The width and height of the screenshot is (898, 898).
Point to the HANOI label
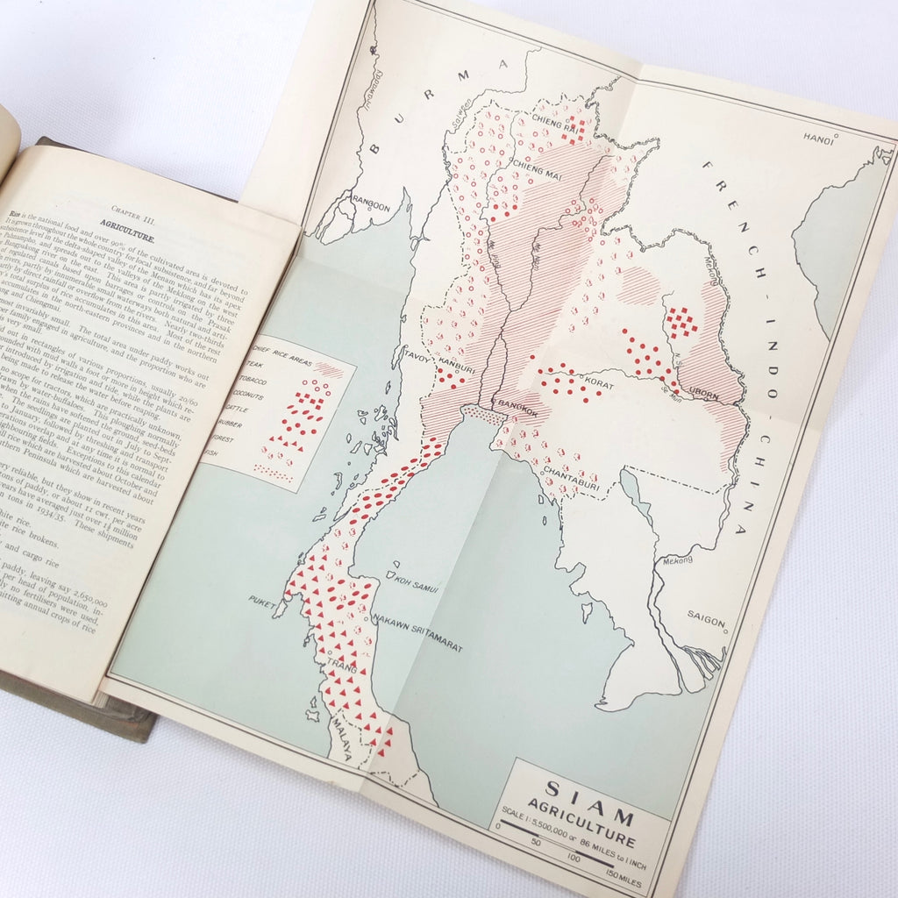(x=816, y=137)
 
